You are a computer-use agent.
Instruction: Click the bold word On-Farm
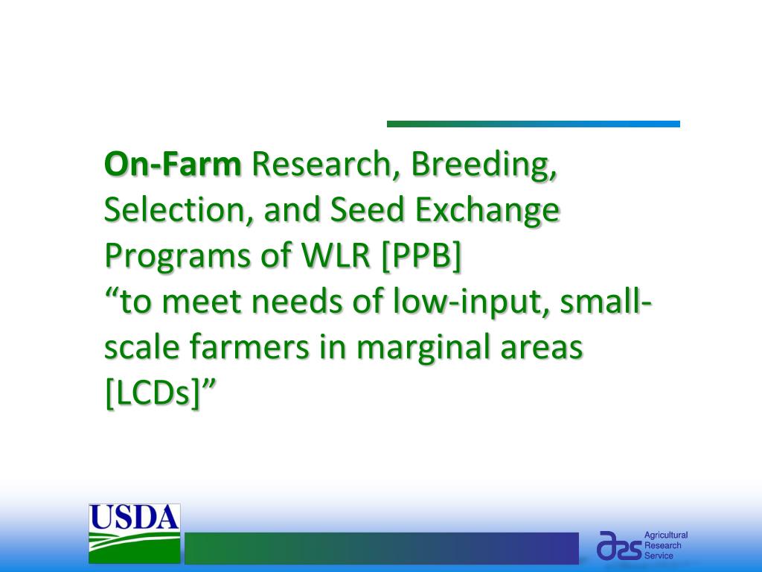pos(173,164)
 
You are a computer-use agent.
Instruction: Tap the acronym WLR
pos(336,255)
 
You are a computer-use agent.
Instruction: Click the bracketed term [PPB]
pos(421,257)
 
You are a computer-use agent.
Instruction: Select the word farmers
pos(249,347)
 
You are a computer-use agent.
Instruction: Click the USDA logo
pos(135,533)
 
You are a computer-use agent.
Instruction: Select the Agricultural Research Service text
pos(666,545)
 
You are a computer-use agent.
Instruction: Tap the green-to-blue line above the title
pos(533,124)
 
